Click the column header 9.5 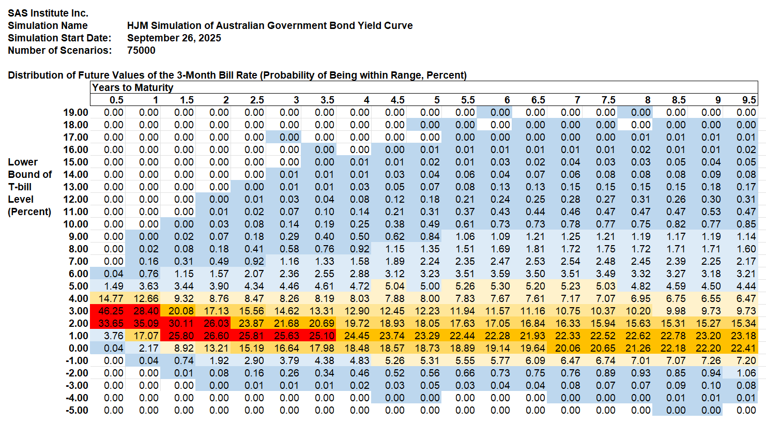pyautogui.click(x=749, y=100)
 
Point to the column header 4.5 pyautogui.click(x=397, y=100)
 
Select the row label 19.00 pyautogui.click(x=75, y=112)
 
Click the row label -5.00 pyautogui.click(x=75, y=410)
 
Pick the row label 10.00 pyautogui.click(x=75, y=224)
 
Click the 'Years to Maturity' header pyautogui.click(x=133, y=87)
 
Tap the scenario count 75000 pyautogui.click(x=141, y=50)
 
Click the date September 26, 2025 pyautogui.click(x=174, y=38)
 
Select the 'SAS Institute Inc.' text pyautogui.click(x=48, y=13)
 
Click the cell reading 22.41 pyautogui.click(x=743, y=348)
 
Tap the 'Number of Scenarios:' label pyautogui.click(x=59, y=50)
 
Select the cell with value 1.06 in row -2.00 pyautogui.click(x=743, y=373)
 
